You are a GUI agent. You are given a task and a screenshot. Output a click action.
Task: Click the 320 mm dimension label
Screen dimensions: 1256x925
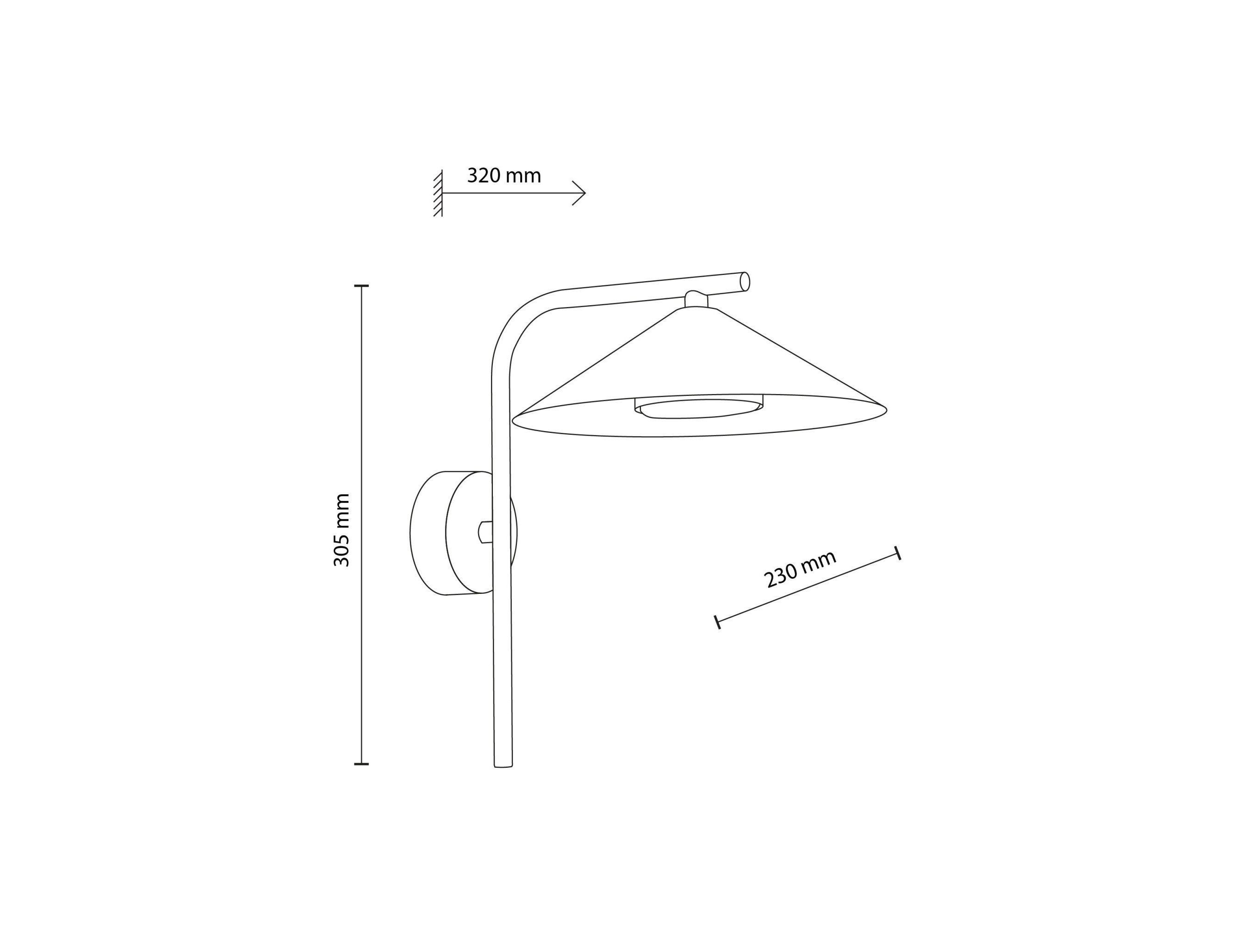pyautogui.click(x=504, y=176)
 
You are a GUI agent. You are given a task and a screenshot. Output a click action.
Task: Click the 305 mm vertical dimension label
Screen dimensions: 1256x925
pyautogui.click(x=341, y=530)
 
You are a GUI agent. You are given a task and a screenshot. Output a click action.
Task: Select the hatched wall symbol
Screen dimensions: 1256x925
pyautogui.click(x=437, y=193)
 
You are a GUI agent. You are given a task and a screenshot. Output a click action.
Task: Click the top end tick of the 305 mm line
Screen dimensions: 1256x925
pyautogui.click(x=361, y=286)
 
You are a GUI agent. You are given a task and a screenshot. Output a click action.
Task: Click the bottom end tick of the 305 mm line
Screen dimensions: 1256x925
pyautogui.click(x=361, y=764)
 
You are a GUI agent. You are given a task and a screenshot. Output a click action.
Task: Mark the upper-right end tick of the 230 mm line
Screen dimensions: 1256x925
pyautogui.click(x=897, y=553)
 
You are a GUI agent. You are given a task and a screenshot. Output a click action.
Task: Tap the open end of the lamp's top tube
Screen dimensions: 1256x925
pyautogui.click(x=745, y=282)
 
